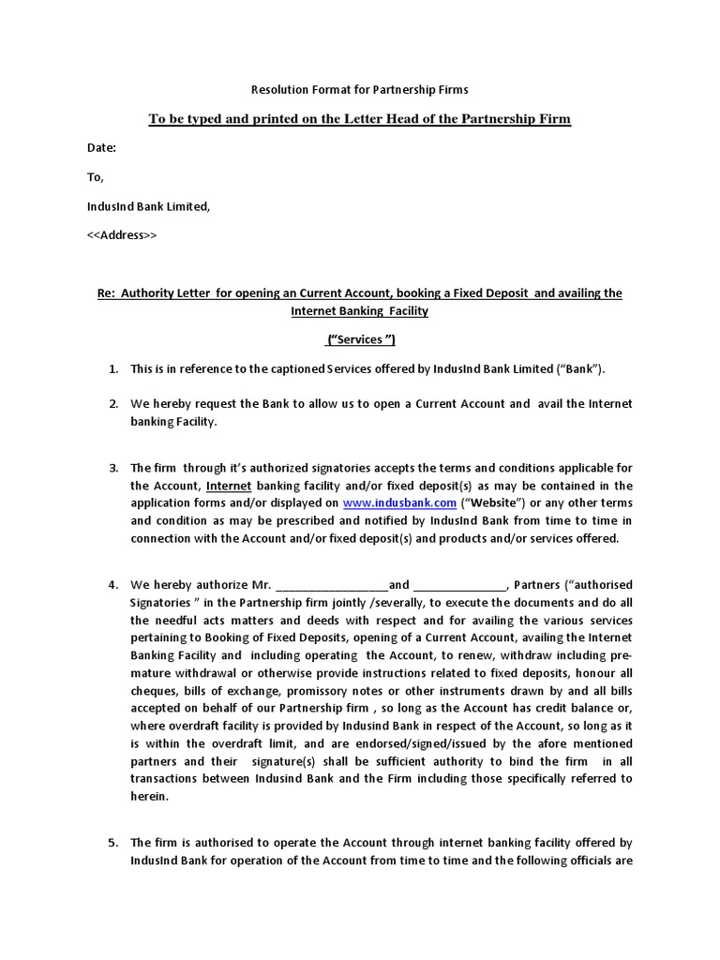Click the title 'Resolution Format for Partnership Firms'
tap(359, 90)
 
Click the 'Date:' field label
tap(102, 148)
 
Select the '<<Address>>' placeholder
tap(122, 234)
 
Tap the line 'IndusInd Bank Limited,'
tap(149, 206)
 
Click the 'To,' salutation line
tap(96, 177)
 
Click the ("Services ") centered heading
tap(359, 339)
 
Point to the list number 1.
tap(112, 369)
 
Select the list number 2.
tap(112, 404)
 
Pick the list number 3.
tap(112, 468)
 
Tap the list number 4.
tap(112, 585)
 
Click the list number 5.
tap(112, 843)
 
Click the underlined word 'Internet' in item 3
tap(229, 486)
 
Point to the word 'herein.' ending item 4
tap(149, 796)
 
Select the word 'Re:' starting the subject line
tap(106, 293)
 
